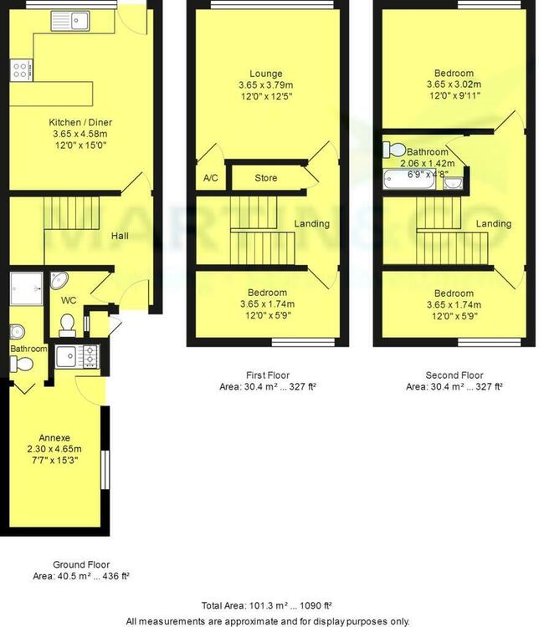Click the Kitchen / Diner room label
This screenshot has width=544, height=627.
tap(80, 122)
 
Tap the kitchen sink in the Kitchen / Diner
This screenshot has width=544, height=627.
tap(70, 21)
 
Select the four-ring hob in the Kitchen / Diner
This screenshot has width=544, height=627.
tap(21, 70)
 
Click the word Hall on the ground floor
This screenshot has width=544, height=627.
tap(120, 236)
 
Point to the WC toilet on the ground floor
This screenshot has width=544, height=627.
tap(67, 325)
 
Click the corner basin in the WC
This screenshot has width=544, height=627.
tap(59, 280)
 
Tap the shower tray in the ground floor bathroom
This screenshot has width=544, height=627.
tap(27, 288)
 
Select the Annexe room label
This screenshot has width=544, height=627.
tap(54, 438)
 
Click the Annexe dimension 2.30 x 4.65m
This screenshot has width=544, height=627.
tap(54, 449)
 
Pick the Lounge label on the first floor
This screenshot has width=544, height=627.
tap(266, 74)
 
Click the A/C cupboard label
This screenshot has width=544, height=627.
tap(211, 178)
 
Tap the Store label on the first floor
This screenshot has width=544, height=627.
tap(266, 178)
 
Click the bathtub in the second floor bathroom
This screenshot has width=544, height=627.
tap(409, 180)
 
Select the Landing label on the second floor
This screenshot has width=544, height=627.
tap(494, 224)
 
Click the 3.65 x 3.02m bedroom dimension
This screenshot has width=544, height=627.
tap(454, 84)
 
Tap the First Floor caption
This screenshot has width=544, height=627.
tap(268, 375)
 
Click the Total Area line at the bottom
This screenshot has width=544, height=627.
tap(267, 606)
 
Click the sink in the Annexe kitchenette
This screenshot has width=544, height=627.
tap(66, 356)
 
